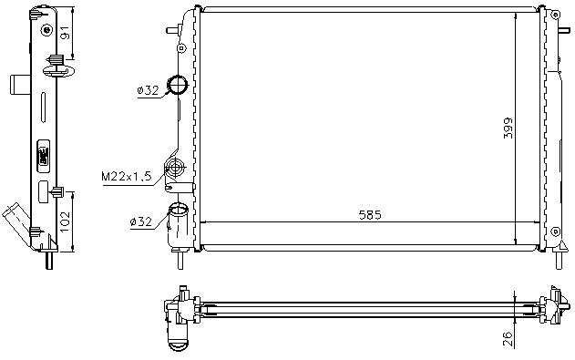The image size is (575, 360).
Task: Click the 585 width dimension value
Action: (370, 215)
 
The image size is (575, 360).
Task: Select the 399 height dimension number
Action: (508, 128)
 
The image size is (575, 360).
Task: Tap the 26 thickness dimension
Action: (507, 339)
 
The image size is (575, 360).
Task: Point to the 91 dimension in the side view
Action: (65, 32)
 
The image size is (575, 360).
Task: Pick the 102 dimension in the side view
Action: (65, 221)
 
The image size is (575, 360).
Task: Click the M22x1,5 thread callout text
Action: (126, 176)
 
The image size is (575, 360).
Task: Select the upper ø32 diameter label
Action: (148, 90)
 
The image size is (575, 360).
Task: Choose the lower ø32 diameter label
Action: (141, 221)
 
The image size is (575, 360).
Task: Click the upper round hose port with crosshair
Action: (178, 85)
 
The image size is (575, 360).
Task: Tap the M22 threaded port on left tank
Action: (175, 168)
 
